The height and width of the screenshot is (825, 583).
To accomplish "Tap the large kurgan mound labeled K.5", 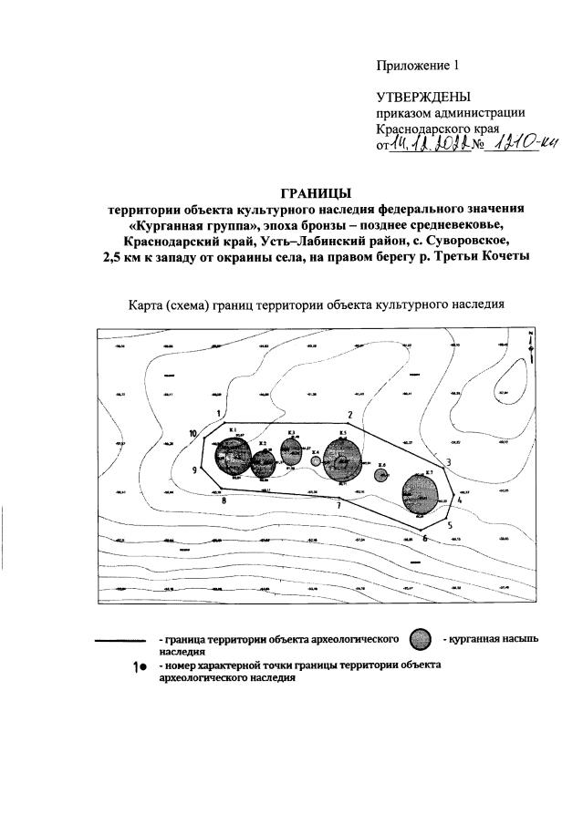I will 343,459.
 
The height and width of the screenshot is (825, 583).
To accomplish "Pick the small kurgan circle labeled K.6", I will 381,475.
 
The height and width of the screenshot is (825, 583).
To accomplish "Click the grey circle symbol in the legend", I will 420,640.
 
